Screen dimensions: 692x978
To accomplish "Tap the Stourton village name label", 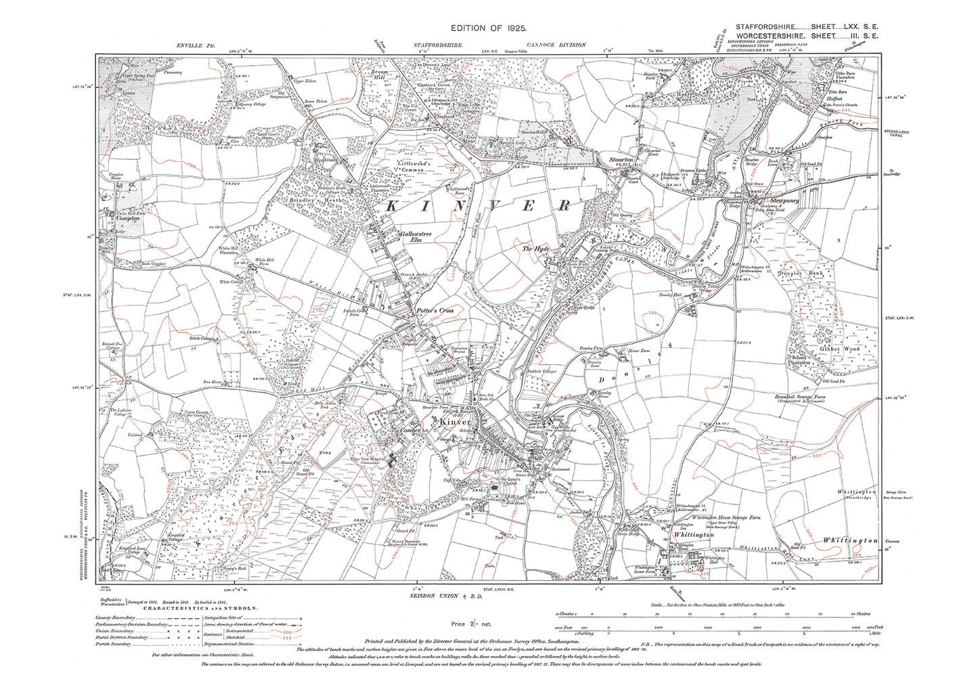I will tap(621, 160).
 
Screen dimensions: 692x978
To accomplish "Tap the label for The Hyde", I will tap(535, 249).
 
